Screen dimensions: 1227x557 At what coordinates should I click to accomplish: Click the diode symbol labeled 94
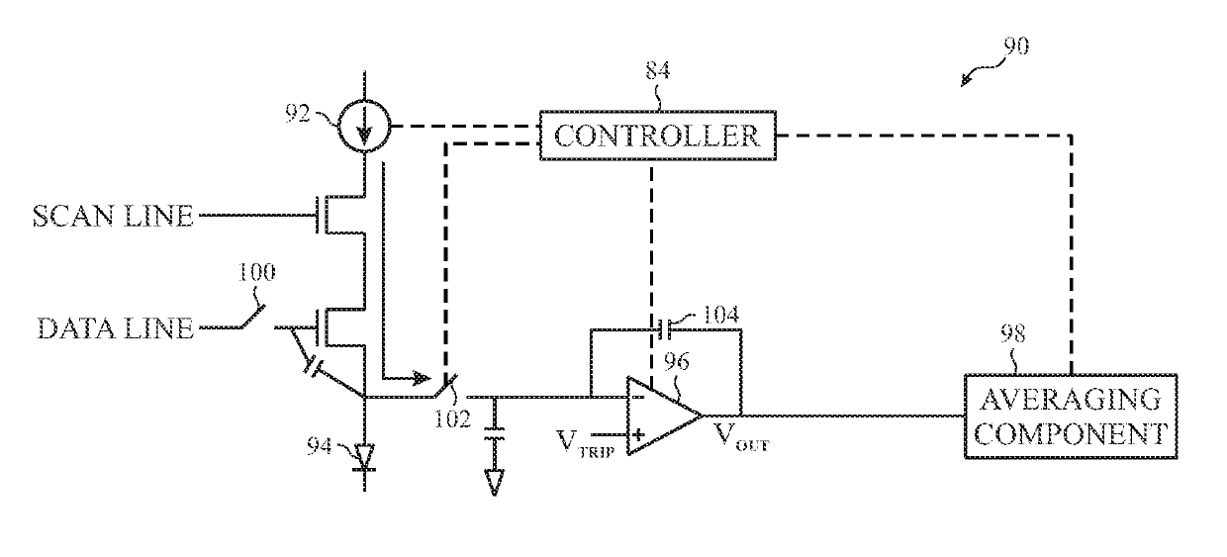click(365, 457)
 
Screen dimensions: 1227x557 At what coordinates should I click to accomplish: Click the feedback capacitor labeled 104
click(665, 329)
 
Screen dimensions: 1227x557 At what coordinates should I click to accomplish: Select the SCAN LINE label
click(113, 216)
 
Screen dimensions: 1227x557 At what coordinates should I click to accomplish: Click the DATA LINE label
click(116, 328)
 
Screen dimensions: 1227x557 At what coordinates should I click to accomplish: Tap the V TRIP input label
click(585, 443)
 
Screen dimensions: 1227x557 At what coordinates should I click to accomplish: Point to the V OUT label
click(742, 437)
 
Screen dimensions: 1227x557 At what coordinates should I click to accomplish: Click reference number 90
click(1016, 46)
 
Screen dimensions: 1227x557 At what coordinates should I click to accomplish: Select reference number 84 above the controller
click(657, 70)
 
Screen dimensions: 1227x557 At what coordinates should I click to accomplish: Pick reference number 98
click(1012, 333)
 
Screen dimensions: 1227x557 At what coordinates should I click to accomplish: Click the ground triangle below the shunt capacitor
click(494, 483)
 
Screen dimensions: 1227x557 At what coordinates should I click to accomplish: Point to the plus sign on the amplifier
click(638, 435)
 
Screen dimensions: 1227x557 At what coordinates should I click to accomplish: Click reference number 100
click(256, 272)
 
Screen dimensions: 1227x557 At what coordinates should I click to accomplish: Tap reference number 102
click(452, 419)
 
